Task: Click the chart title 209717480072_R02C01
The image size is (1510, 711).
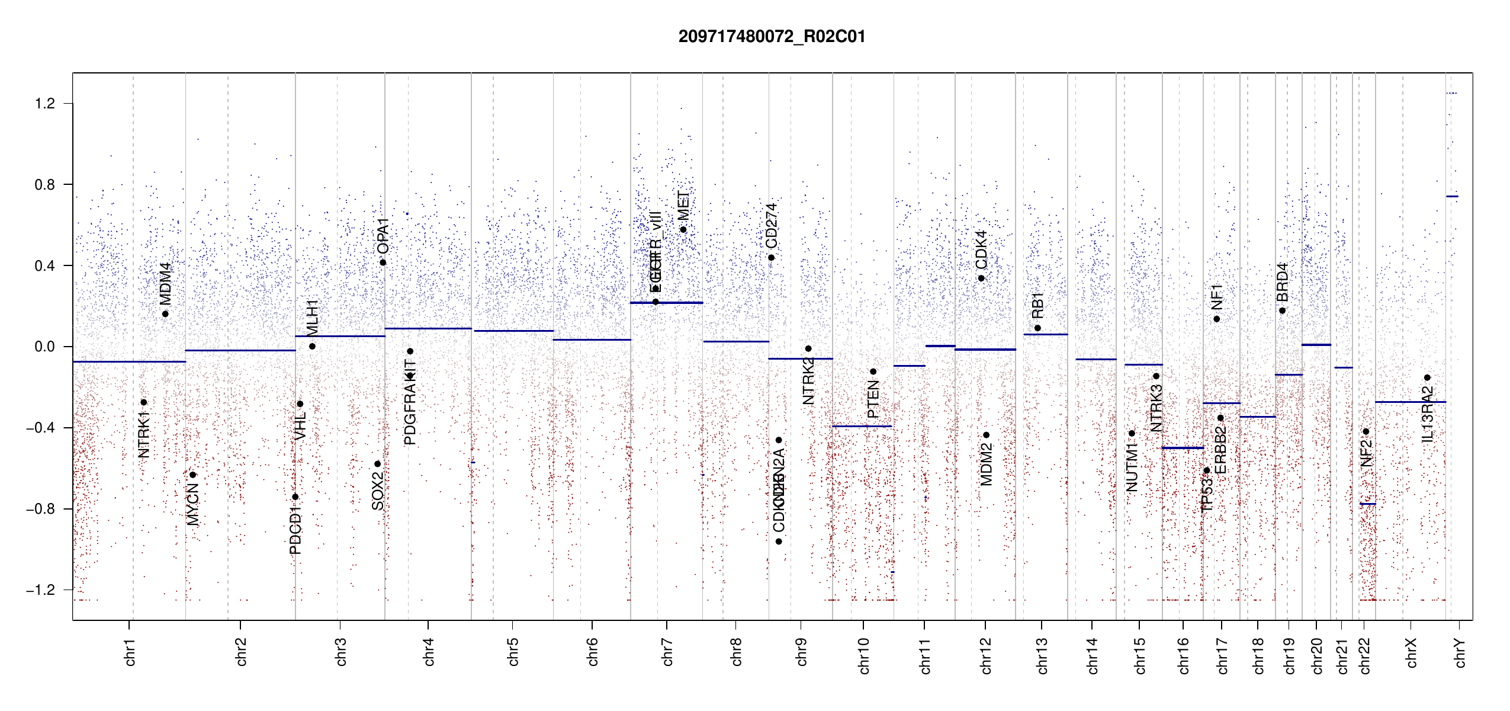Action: coord(772,37)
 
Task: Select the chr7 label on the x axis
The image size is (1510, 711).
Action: coord(667,652)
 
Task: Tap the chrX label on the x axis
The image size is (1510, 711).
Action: coord(1411,652)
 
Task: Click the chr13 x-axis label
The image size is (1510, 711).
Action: coord(1042,655)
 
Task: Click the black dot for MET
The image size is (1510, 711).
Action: coord(683,230)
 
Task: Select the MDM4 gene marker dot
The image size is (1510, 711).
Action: coord(165,314)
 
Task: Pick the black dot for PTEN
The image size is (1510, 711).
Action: coord(873,372)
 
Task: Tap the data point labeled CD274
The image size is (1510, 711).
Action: coord(771,258)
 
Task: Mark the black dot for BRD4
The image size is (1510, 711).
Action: coord(1282,311)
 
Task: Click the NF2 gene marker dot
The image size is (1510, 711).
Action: coord(1366,431)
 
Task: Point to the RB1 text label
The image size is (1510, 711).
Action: coord(1037,306)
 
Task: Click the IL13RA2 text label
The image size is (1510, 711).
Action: coord(1427,414)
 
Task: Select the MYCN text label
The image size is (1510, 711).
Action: coord(192,505)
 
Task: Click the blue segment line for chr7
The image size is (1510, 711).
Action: coord(666,303)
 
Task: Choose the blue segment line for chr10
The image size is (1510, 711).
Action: coord(862,426)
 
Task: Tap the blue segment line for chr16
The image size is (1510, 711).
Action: coord(1183,448)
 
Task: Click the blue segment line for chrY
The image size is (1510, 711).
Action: coord(1452,196)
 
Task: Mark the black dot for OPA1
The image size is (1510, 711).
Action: coord(383,262)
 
